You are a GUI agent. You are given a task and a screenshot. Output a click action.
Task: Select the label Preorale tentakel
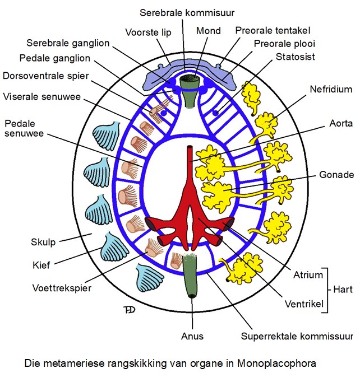coord(273,30)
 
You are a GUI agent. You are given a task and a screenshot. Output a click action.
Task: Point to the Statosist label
coord(294,57)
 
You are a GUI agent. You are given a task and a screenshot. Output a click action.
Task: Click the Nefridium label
coord(330,88)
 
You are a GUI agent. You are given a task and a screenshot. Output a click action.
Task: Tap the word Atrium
coord(308,274)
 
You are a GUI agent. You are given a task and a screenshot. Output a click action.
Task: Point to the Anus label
coord(193,336)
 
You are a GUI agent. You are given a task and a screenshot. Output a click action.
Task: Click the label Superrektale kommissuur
coord(297,337)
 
